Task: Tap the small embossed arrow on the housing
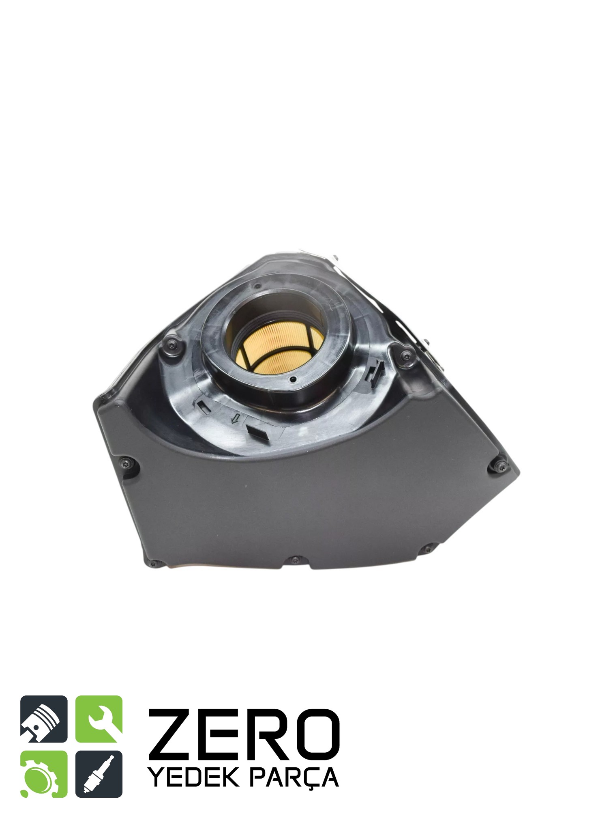234,419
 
